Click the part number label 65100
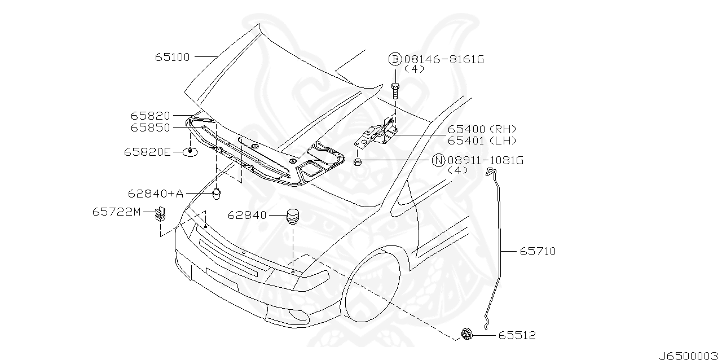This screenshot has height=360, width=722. tap(172, 57)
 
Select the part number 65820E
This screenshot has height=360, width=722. tap(147, 152)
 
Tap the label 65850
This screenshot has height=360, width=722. tap(150, 128)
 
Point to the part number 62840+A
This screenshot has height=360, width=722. tap(155, 194)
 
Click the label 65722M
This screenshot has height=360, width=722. tap(116, 212)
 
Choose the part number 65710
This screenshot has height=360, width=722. tap(538, 251)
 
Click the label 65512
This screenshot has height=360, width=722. tap(517, 336)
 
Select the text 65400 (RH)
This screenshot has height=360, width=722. tap(482, 129)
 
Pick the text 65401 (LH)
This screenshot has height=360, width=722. tap(482, 141)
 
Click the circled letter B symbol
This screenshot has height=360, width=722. tap(394, 59)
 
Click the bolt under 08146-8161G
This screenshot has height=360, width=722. tap(395, 88)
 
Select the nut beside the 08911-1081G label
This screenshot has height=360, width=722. tap(358, 163)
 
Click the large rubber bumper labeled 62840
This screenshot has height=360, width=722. tap(293, 216)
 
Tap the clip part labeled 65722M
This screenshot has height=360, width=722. tap(160, 214)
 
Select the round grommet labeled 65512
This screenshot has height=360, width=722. tap(466, 334)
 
